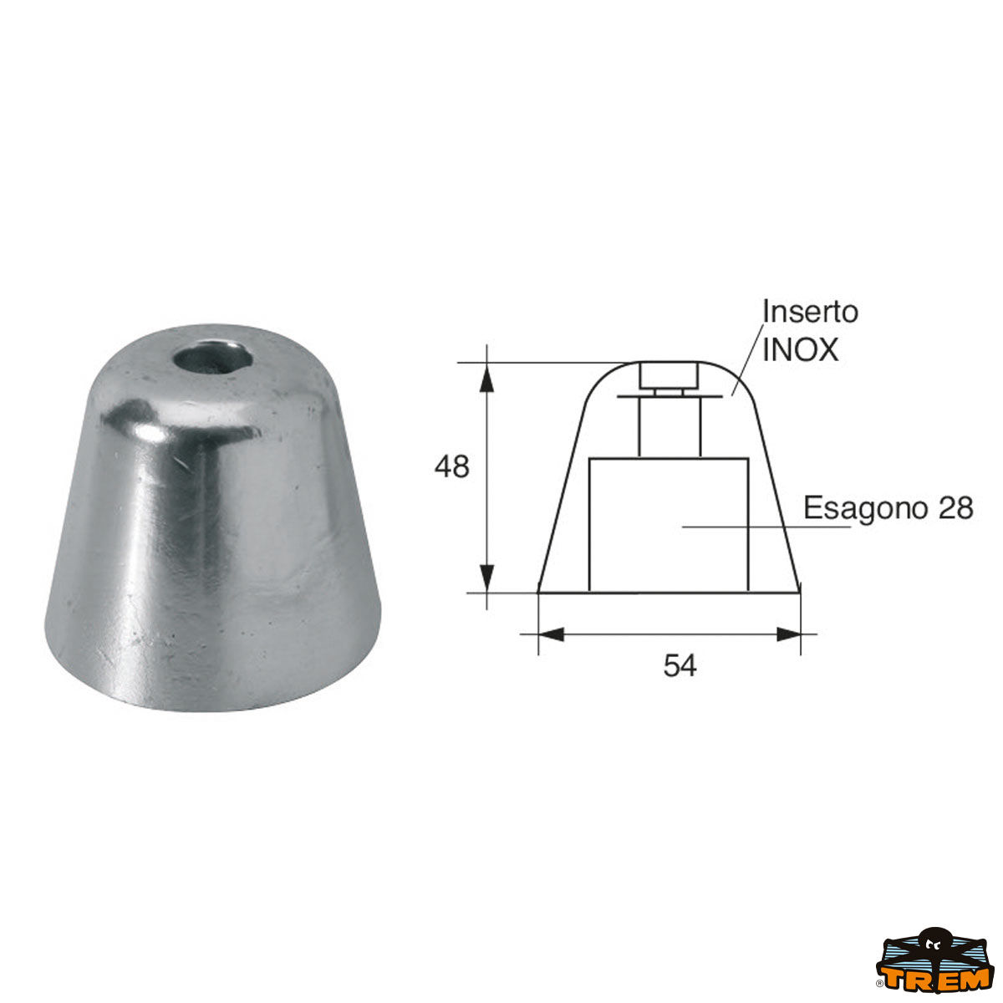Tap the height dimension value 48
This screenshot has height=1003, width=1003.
point(451,466)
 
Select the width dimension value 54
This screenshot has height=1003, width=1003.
point(680,666)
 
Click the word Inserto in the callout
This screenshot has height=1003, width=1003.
point(810,312)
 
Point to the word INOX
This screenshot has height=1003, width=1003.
point(800,349)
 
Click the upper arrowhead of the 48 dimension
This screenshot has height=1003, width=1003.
point(486,376)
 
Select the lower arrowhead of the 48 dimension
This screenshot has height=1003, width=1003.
point(486,578)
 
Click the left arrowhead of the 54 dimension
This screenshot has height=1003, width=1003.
point(552,634)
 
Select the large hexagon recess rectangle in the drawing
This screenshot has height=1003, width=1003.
point(669,525)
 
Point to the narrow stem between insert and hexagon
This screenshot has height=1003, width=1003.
point(670,426)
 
